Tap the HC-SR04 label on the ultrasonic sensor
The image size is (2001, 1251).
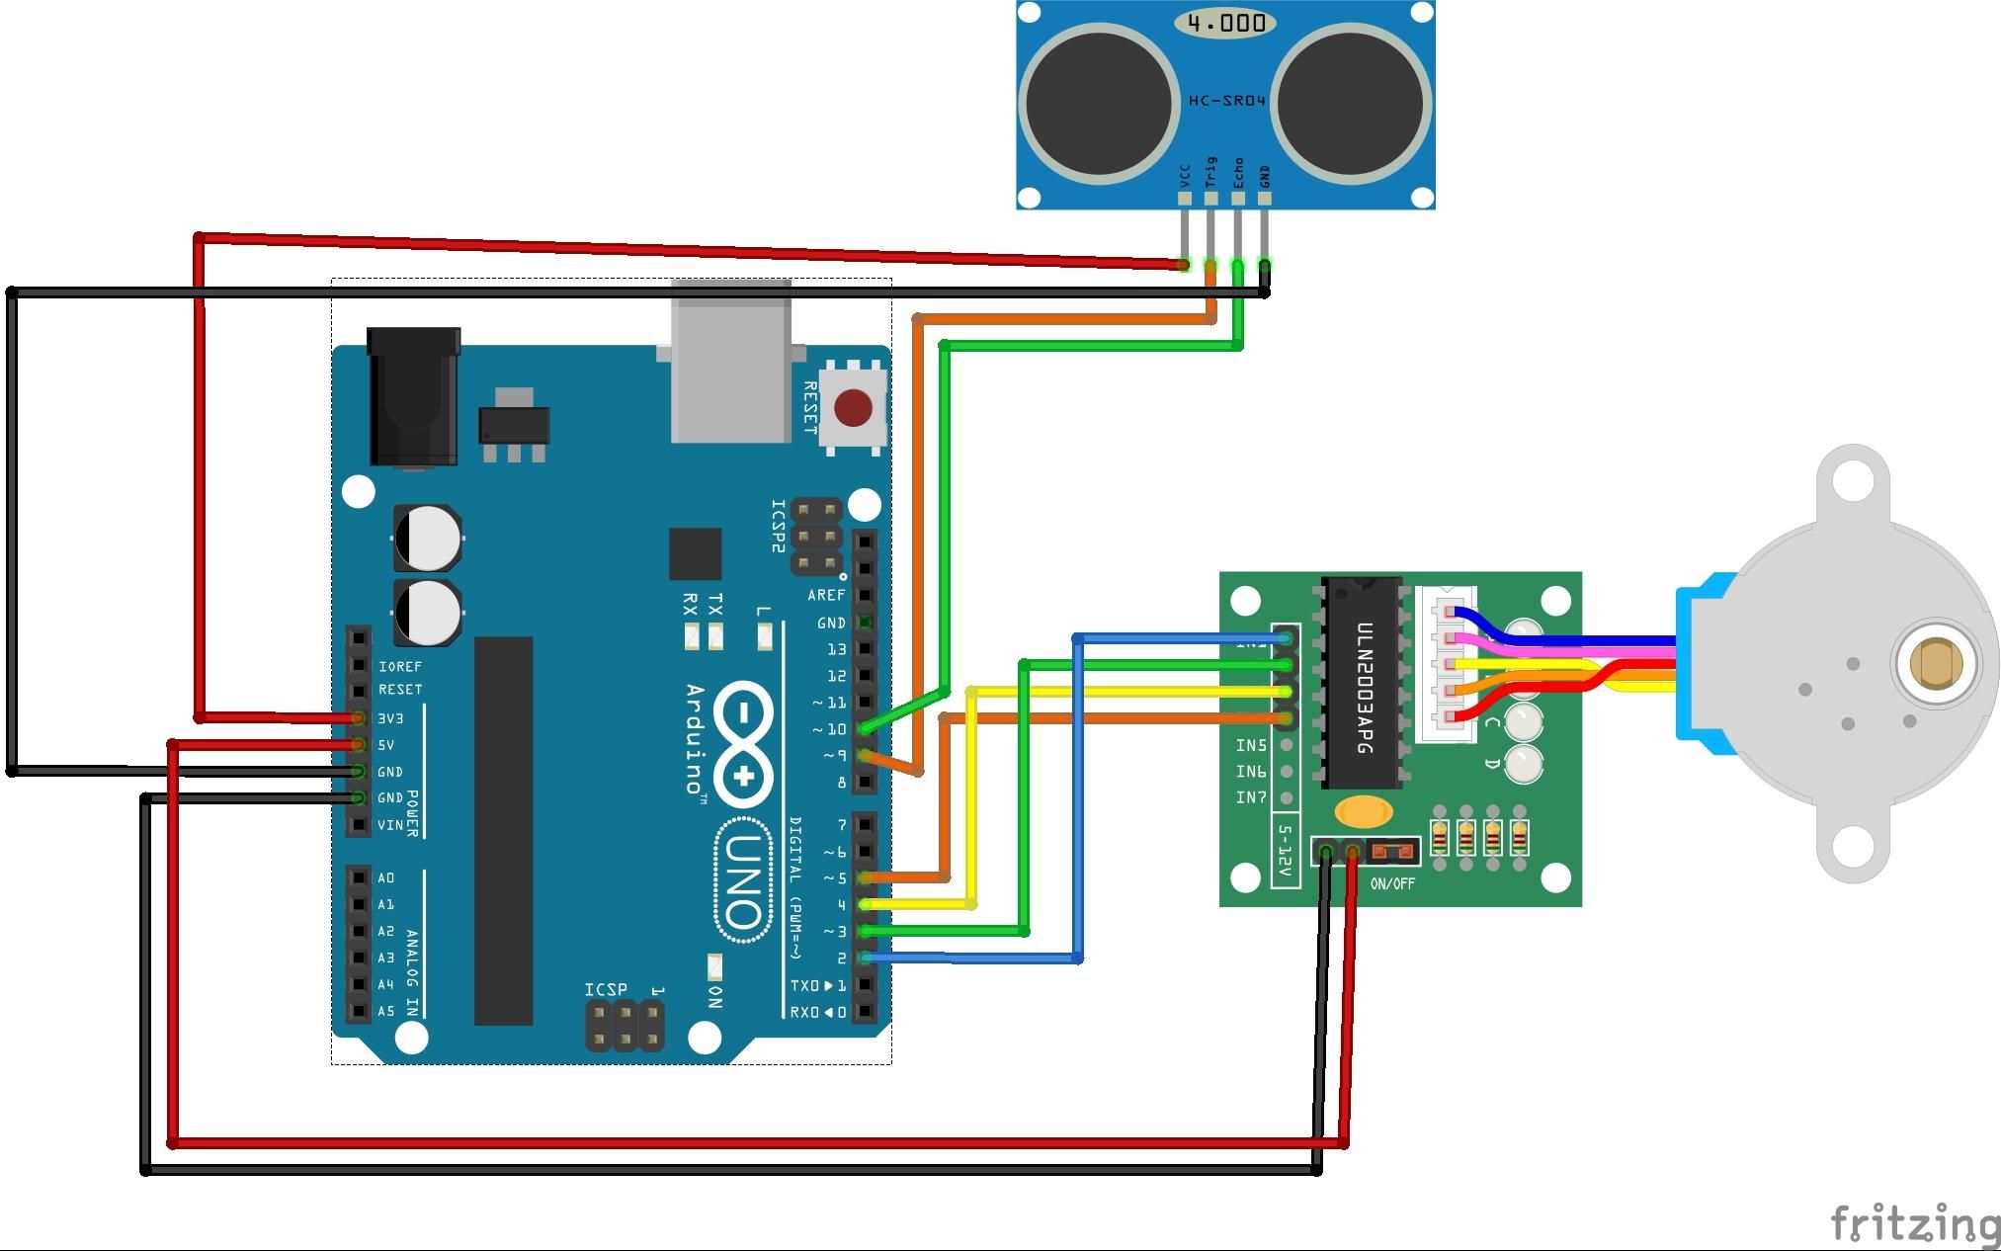tap(1226, 101)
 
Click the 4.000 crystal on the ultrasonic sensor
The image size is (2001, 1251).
tap(1225, 23)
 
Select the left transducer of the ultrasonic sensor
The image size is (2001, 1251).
tap(1099, 103)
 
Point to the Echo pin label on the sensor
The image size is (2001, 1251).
tap(1238, 174)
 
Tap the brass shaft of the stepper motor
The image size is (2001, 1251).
tap(1936, 662)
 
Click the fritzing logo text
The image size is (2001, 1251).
tap(1915, 1224)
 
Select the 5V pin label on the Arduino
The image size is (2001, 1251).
tap(386, 745)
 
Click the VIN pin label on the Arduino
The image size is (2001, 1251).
tap(389, 825)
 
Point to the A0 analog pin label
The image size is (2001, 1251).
tap(385, 877)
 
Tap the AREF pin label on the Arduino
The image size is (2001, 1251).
tap(826, 595)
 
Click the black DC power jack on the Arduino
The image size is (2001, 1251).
tap(413, 395)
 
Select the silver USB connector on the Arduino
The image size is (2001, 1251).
tap(730, 362)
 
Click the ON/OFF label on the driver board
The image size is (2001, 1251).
tap(1392, 883)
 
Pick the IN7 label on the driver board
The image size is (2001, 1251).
tap(1250, 797)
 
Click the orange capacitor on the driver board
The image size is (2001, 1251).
tap(1364, 812)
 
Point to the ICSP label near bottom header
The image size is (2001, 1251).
tap(605, 989)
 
